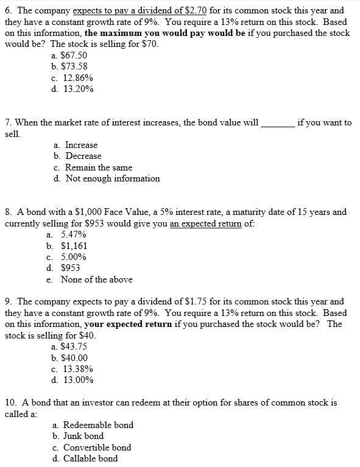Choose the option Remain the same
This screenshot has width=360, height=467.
tap(98, 167)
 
